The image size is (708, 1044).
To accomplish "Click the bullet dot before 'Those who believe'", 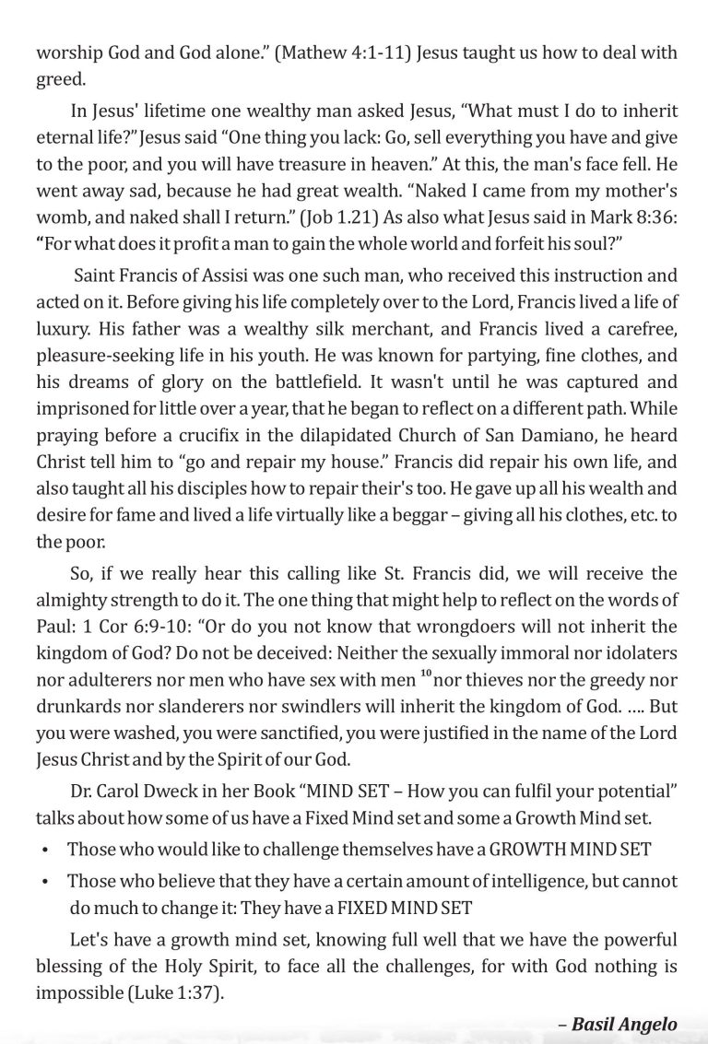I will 44,882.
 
